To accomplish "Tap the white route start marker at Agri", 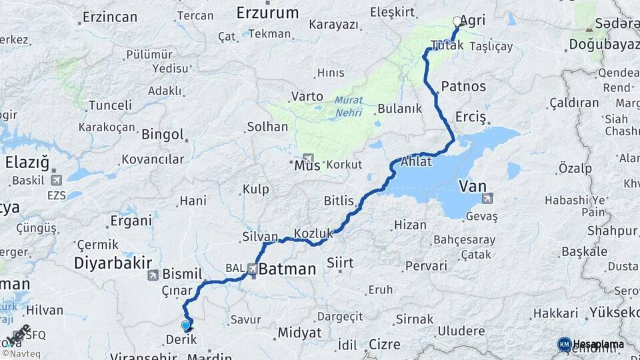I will (457, 21).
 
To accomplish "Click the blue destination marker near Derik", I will (185, 325).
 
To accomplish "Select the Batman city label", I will (287, 269).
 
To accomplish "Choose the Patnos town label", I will (464, 87).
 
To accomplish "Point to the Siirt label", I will (340, 263).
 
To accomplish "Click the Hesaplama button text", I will (598, 344).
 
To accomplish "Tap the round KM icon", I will (565, 344).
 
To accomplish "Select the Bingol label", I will (162, 134).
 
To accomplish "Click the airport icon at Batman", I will (253, 269).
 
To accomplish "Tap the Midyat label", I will (299, 332).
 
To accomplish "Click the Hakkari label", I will (555, 313).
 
